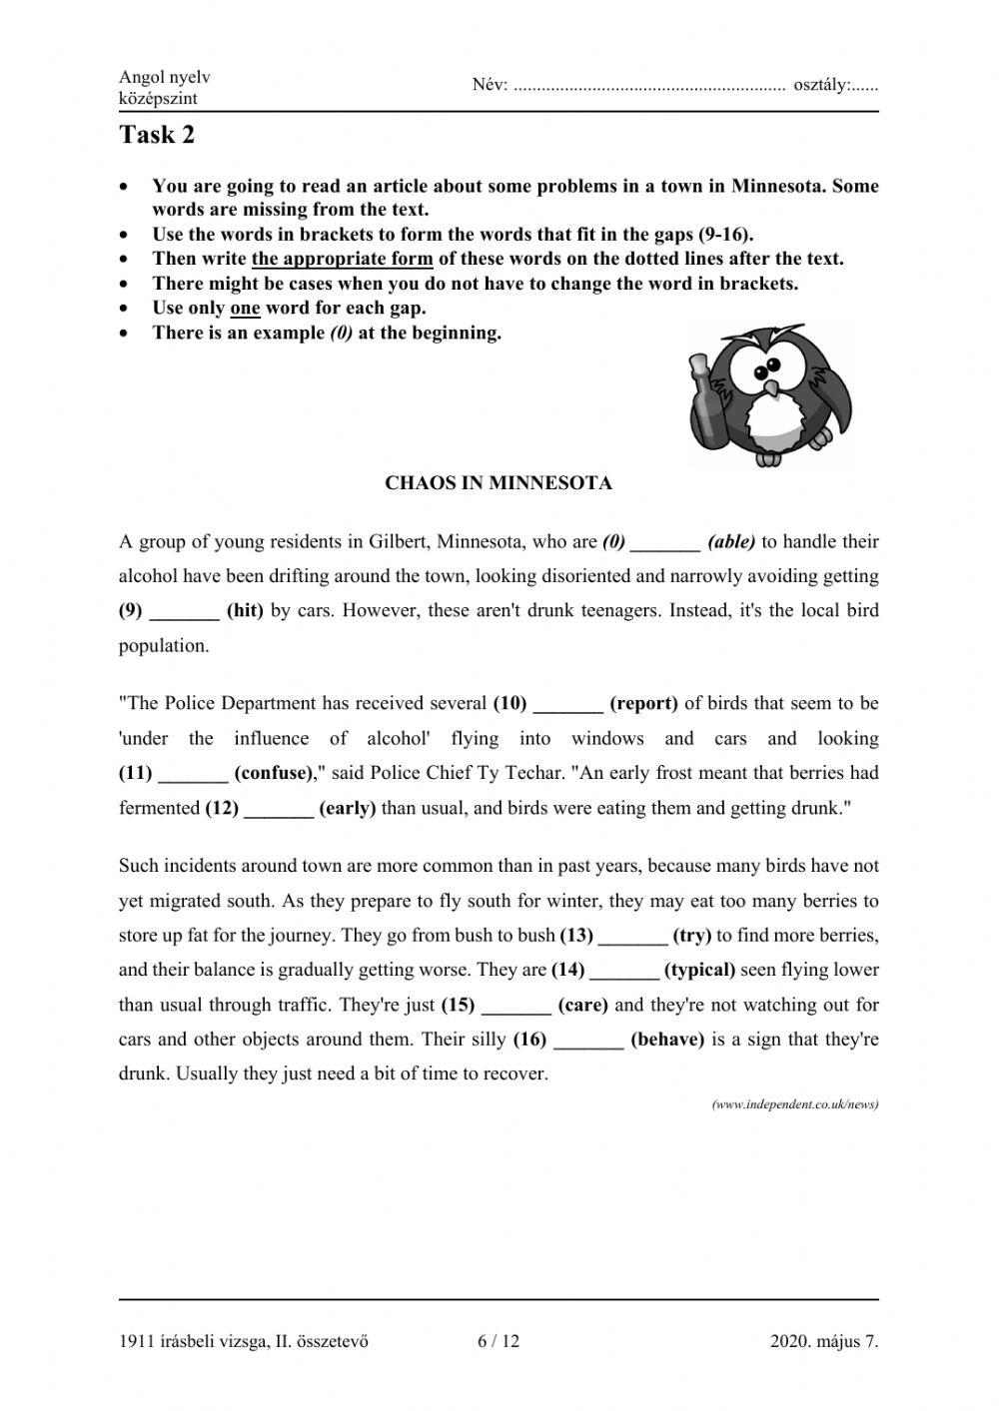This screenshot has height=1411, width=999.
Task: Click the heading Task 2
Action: tap(157, 135)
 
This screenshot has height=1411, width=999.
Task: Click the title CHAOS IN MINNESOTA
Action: tap(499, 483)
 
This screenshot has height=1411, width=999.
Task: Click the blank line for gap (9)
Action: tap(184, 612)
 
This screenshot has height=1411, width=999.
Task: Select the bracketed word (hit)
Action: tap(245, 610)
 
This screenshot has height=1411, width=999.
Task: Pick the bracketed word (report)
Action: tap(643, 703)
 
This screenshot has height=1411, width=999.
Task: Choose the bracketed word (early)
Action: tap(347, 808)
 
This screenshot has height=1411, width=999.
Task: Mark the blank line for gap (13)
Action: tap(631, 936)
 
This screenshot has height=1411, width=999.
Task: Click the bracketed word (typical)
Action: tap(699, 970)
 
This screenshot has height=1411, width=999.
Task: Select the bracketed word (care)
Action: tap(582, 1005)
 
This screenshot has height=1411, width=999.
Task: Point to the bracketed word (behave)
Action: tap(667, 1040)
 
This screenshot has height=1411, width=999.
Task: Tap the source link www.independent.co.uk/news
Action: tap(795, 1104)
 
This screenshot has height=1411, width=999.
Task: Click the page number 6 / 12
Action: tap(499, 1341)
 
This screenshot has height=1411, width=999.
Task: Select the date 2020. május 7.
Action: tap(824, 1341)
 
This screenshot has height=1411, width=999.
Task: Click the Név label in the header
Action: tap(490, 86)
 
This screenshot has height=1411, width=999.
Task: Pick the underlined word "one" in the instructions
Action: tap(245, 308)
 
